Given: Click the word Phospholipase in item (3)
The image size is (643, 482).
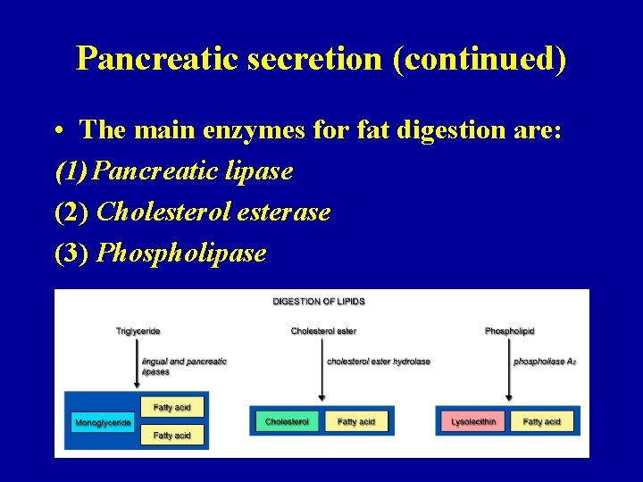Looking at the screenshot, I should pos(181,253).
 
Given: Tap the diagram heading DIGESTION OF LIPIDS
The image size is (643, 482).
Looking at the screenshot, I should pos(319,302).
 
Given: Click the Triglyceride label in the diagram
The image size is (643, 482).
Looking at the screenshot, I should pos(138,331).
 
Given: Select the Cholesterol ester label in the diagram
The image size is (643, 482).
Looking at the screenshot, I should pos(323,331).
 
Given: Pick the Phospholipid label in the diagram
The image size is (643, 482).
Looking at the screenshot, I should pos(509,331).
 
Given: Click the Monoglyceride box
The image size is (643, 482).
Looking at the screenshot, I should pos(103,422).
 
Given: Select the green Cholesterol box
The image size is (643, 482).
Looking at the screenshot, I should pos(287,421).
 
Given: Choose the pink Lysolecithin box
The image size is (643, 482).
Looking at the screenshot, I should pos(473,421).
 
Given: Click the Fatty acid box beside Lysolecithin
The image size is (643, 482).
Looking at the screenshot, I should pos(542,421).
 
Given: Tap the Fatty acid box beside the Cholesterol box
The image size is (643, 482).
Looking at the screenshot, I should pos(356,421).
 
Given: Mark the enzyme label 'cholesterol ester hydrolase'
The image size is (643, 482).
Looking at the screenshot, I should pos(379,361).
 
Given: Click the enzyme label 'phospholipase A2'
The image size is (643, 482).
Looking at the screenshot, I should pos(544,361).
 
